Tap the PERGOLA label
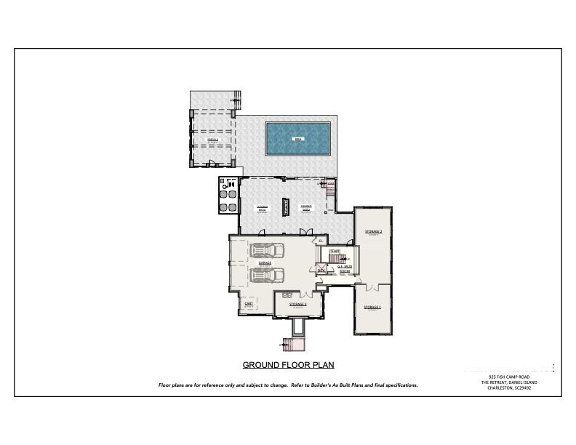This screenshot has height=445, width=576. tap(212, 139)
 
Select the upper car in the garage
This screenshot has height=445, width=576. tap(267, 251)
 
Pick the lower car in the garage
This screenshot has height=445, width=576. tap(267, 275)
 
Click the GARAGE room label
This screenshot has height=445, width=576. tap(255, 264)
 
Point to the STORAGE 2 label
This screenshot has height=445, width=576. tap(373, 231)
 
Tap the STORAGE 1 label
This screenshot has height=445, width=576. tap(372, 308)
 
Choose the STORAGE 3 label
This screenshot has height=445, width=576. tap(297, 305)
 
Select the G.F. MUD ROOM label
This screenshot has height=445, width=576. tap(345, 268)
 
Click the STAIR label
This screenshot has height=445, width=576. tap(335, 252)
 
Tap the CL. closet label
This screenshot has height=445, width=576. tap(320, 241)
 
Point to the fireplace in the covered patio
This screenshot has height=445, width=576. tap(286, 207)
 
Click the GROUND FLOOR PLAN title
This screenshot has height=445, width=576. tap(288, 365)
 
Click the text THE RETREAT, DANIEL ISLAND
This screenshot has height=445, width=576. tap(511, 382)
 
